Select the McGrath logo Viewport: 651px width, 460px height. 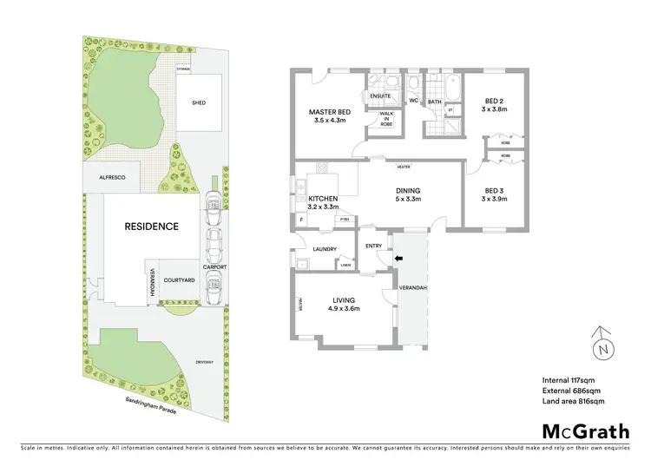pos(585,431)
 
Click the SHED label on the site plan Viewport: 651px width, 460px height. pos(199,102)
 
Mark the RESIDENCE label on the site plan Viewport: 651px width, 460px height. pos(151,227)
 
